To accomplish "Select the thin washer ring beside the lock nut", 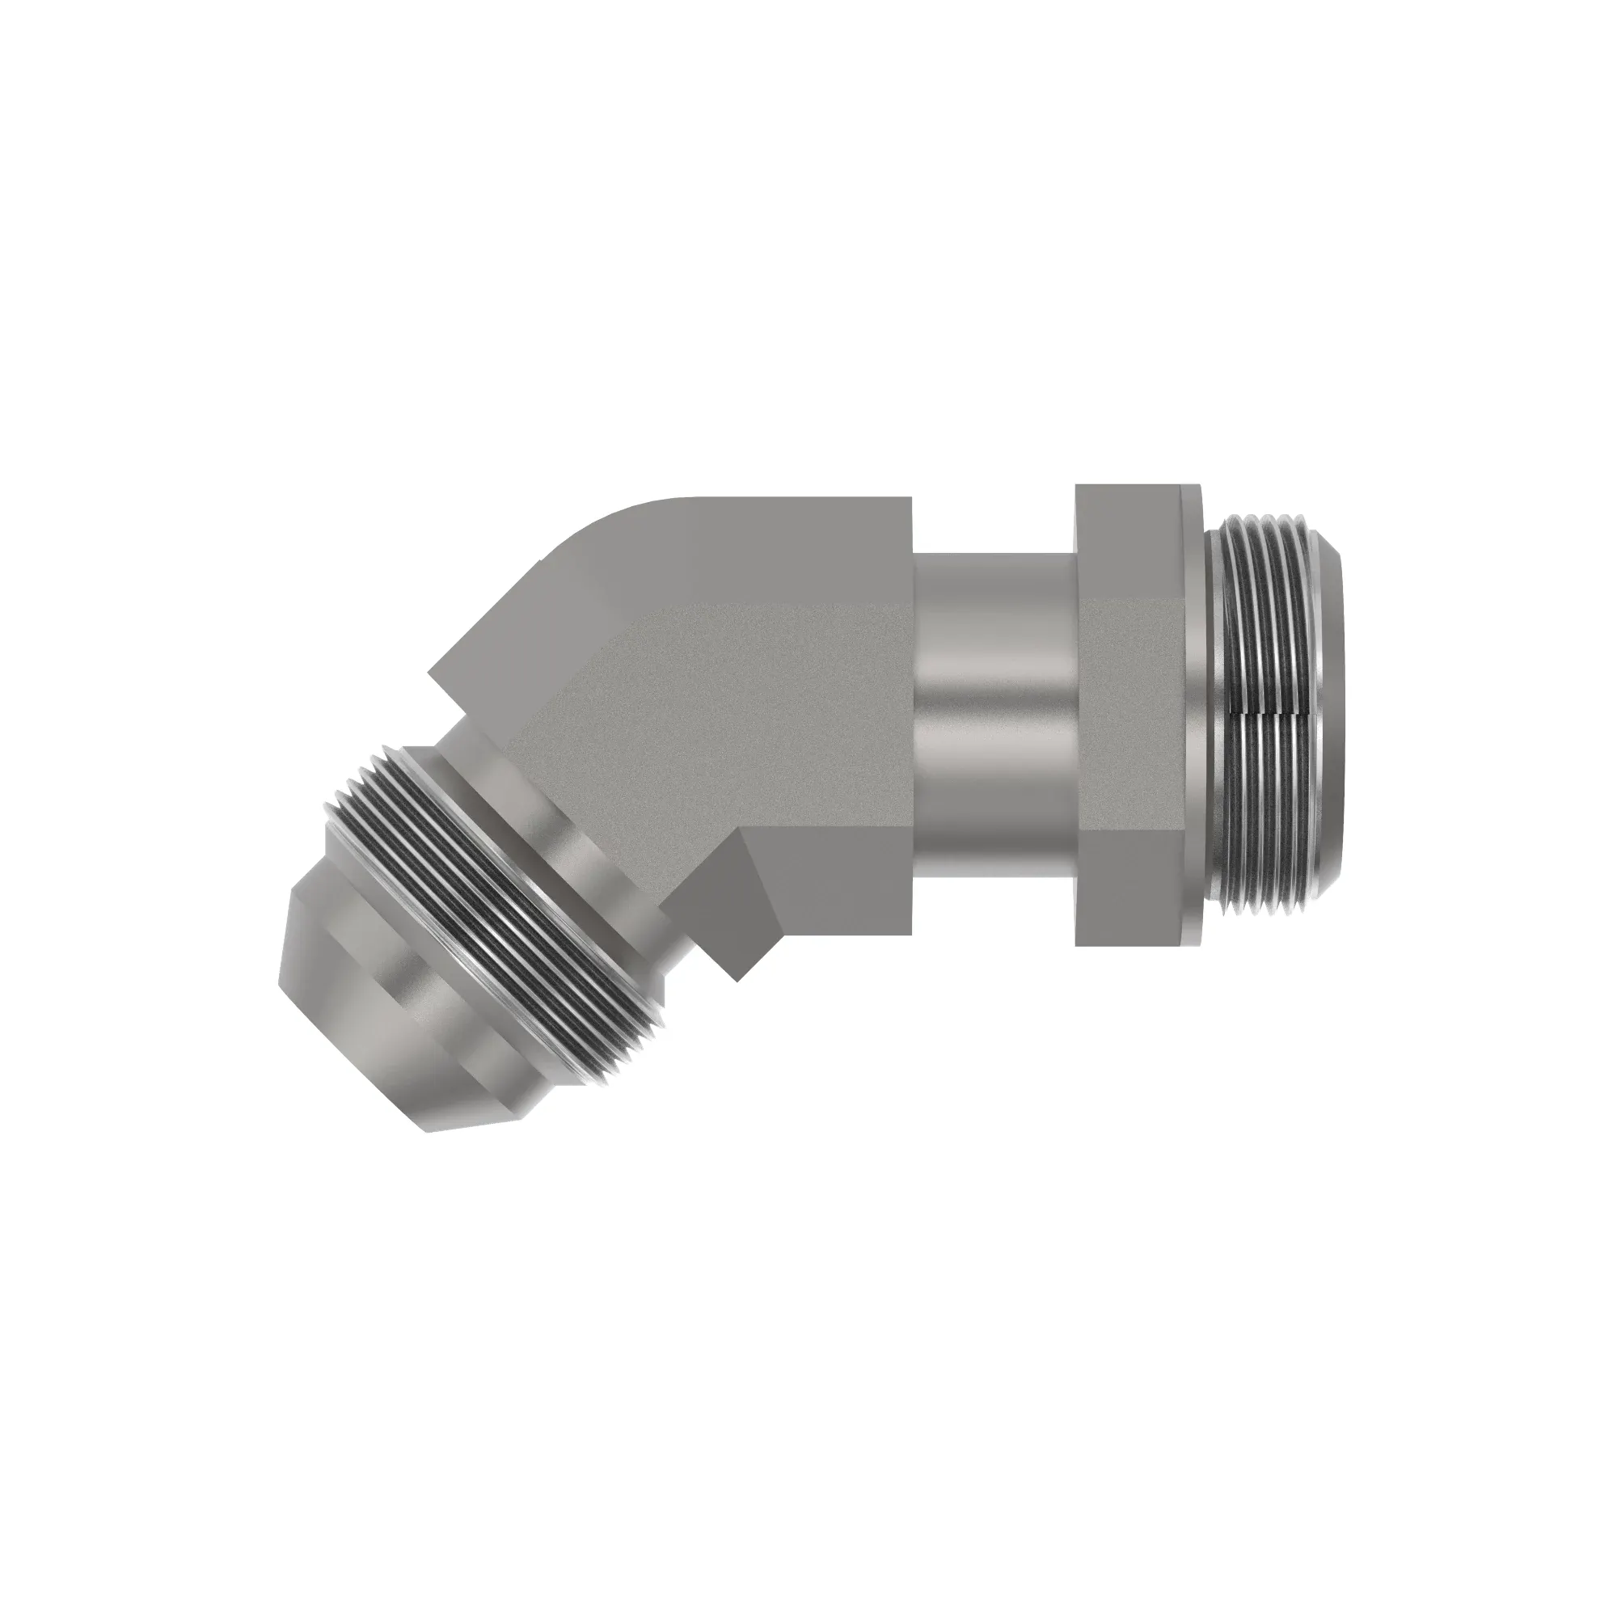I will [x=1193, y=720].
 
